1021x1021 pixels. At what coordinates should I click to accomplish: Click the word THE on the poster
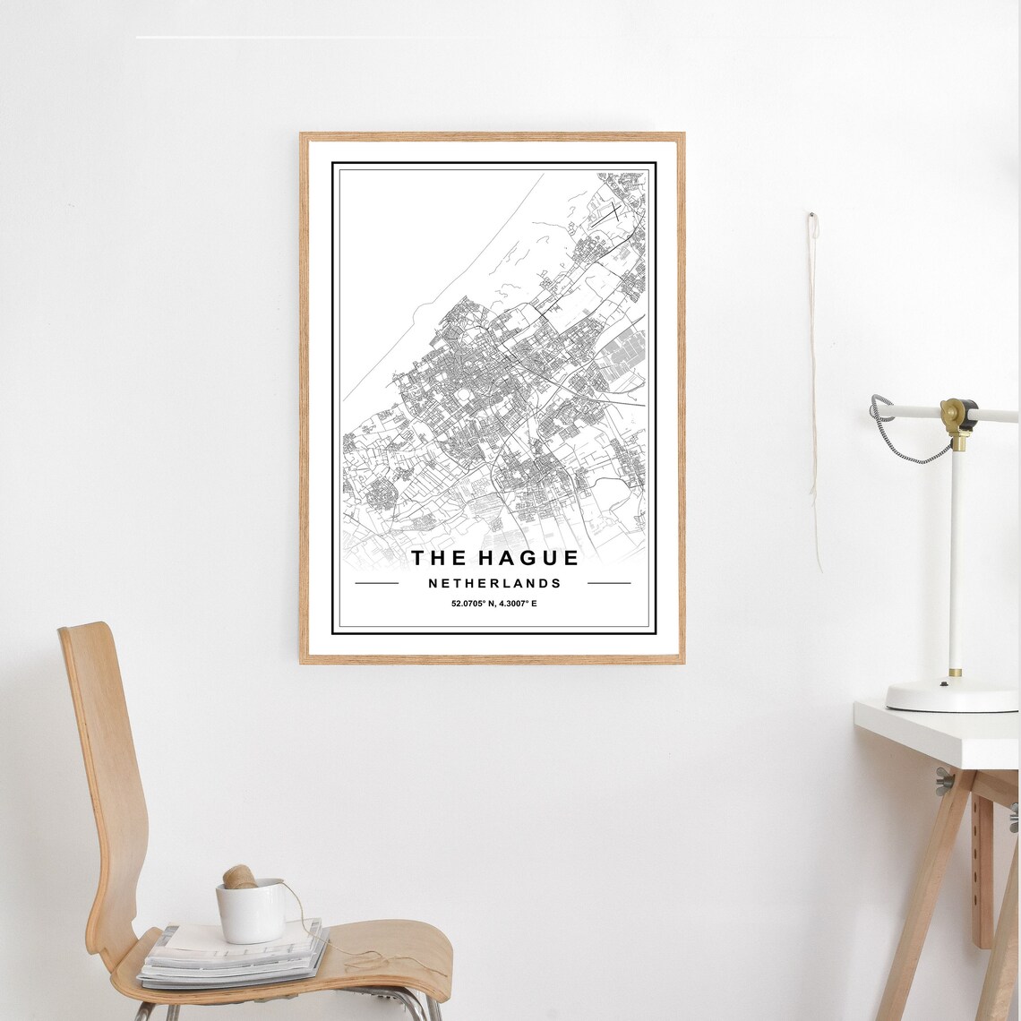coord(439,558)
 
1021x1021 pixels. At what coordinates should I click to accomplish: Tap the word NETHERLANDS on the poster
coord(494,583)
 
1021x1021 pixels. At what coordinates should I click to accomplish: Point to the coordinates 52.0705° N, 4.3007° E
coord(493,604)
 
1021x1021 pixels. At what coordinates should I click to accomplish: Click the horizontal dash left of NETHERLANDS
coord(377,583)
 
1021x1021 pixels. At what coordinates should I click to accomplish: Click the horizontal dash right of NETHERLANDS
coord(609,583)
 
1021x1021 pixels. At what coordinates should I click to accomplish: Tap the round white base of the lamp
coord(951,696)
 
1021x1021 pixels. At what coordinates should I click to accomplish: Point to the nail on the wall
coord(811,216)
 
